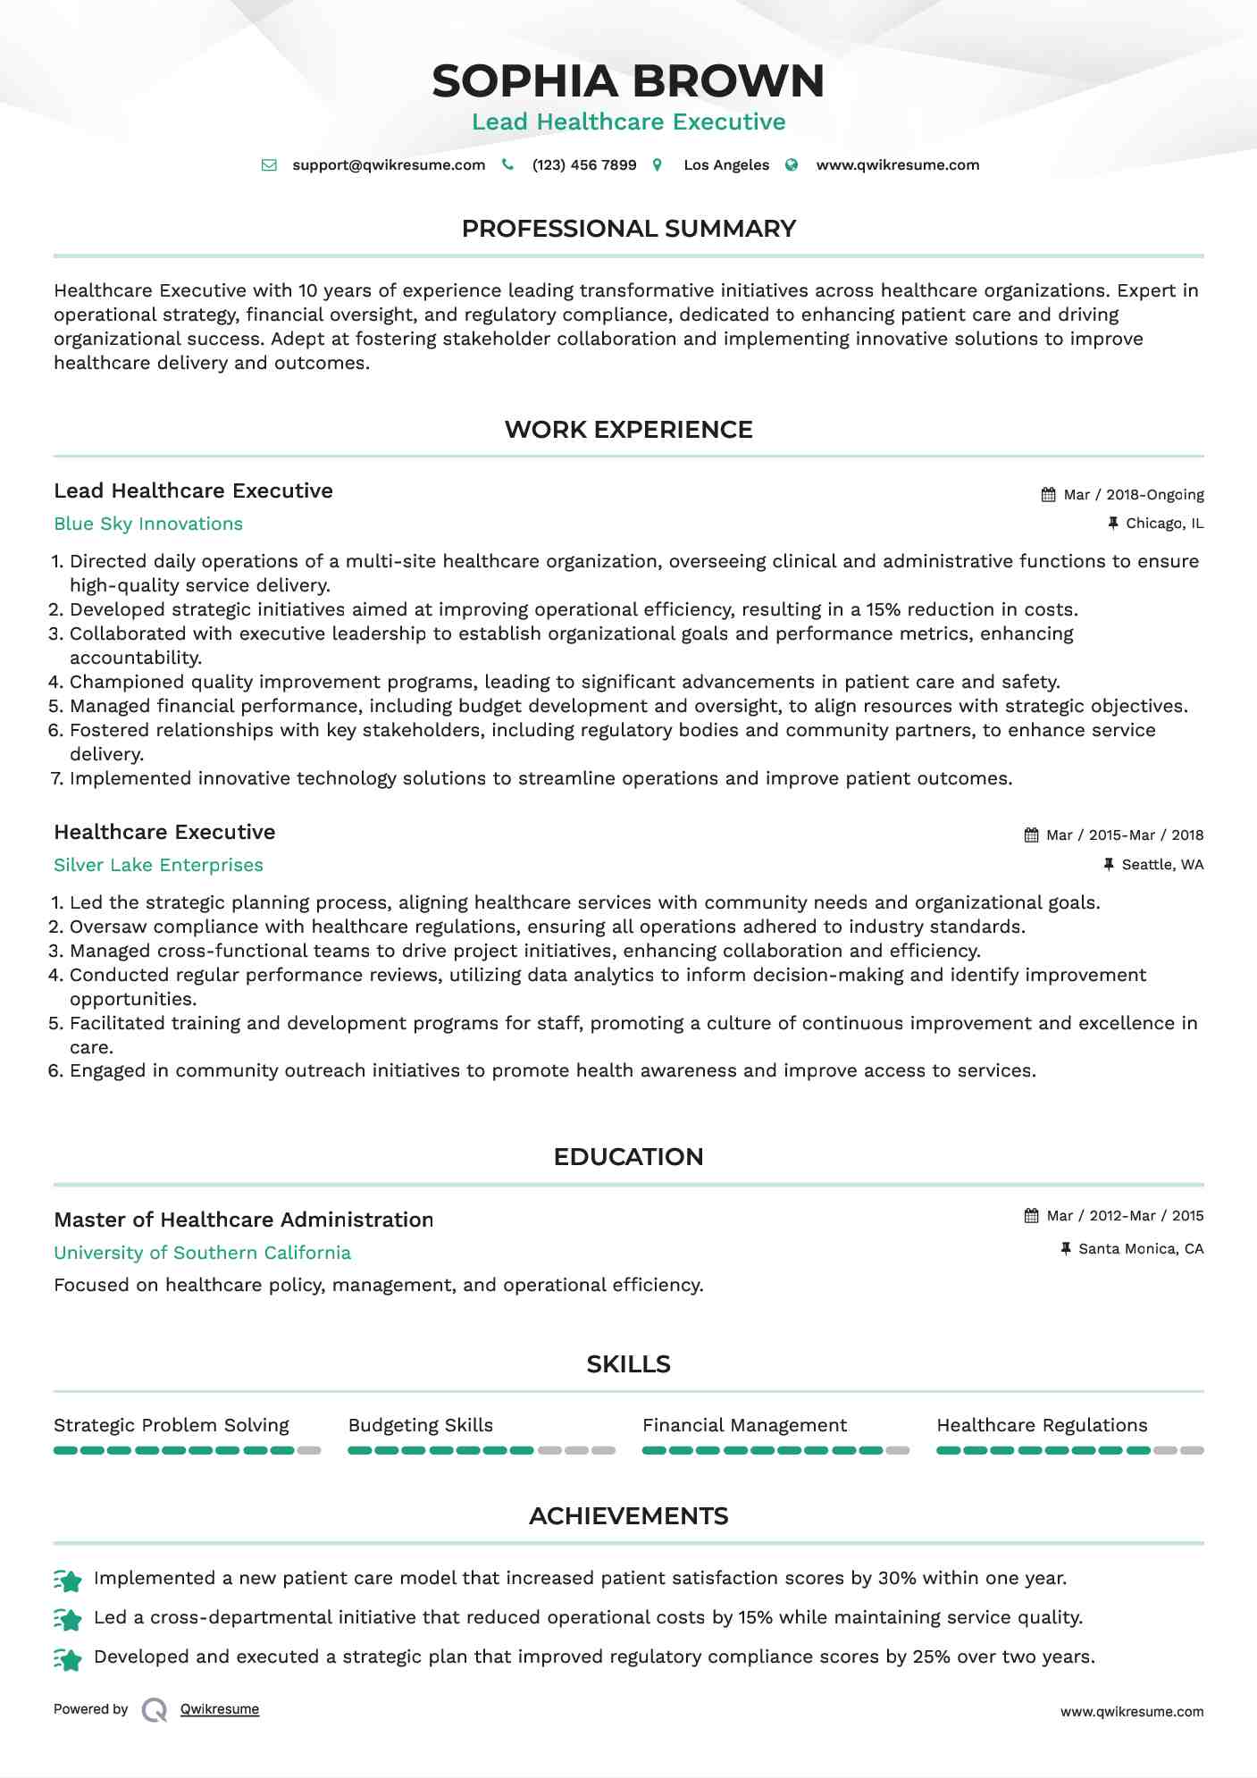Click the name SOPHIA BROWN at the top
(x=628, y=81)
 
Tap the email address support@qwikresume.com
(x=389, y=165)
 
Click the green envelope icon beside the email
(x=269, y=165)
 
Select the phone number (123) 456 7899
(x=584, y=165)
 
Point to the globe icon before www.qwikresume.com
(x=792, y=165)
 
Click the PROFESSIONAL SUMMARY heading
(x=628, y=229)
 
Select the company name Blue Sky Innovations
(x=148, y=524)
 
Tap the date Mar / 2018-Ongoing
(x=1134, y=495)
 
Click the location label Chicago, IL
(x=1164, y=524)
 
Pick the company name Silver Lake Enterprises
(x=158, y=866)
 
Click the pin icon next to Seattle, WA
(x=1109, y=865)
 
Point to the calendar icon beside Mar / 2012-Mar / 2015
(x=1031, y=1216)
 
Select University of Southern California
(x=202, y=1254)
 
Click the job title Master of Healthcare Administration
(x=243, y=1220)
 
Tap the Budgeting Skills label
(x=420, y=1426)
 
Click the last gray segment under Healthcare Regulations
(x=1193, y=1451)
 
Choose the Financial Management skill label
(x=744, y=1426)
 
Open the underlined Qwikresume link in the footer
(x=220, y=1709)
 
